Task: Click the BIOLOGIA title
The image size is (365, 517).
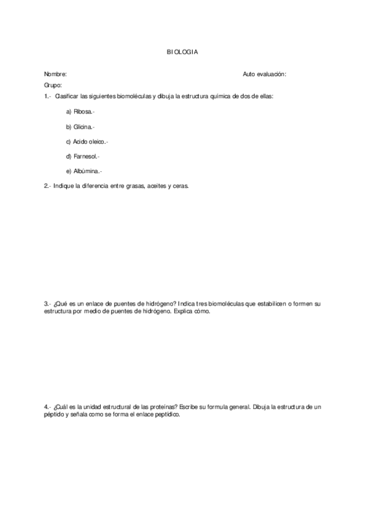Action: pos(182,52)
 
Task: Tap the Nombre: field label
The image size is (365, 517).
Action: pos(55,74)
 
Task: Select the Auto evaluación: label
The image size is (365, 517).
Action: pos(264,74)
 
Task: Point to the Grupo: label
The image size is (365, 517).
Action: pos(53,85)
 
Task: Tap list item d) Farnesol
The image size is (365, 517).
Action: pos(83,157)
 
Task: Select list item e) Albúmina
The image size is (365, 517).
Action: pos(84,171)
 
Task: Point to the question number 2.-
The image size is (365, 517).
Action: pos(47,186)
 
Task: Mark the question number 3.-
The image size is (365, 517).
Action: pos(47,303)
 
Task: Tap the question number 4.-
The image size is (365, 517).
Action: pos(47,406)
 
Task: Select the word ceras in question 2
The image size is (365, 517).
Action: pos(181,186)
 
